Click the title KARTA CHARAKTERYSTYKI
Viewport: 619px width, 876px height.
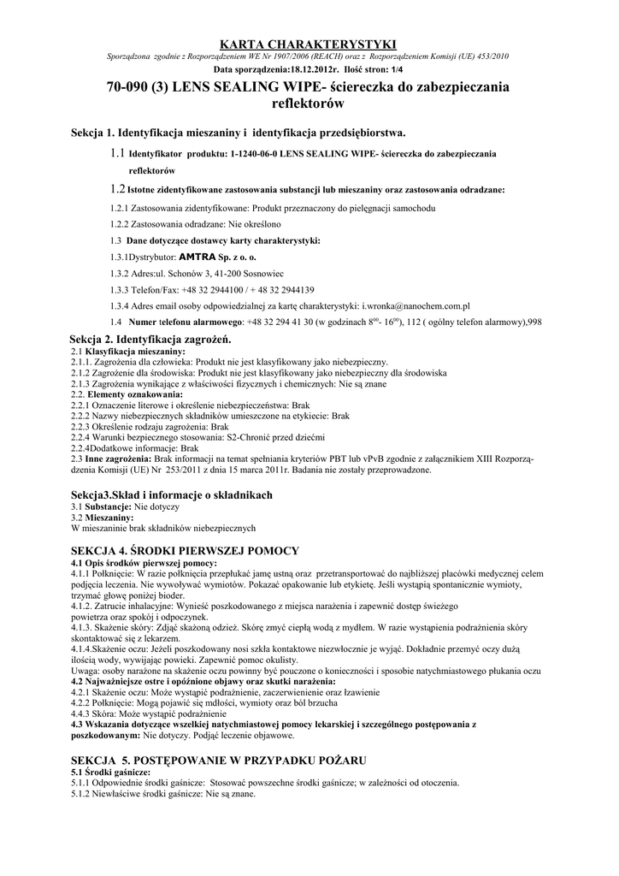(309, 44)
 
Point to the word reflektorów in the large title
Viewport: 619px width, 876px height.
(309, 104)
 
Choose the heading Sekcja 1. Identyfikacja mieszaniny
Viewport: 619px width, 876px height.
(238, 133)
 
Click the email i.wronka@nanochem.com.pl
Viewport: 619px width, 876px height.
(416, 305)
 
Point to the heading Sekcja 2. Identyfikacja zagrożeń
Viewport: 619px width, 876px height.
(150, 340)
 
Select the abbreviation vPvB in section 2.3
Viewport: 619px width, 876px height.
(377, 459)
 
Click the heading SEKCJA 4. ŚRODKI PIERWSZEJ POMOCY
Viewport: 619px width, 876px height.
(185, 550)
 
